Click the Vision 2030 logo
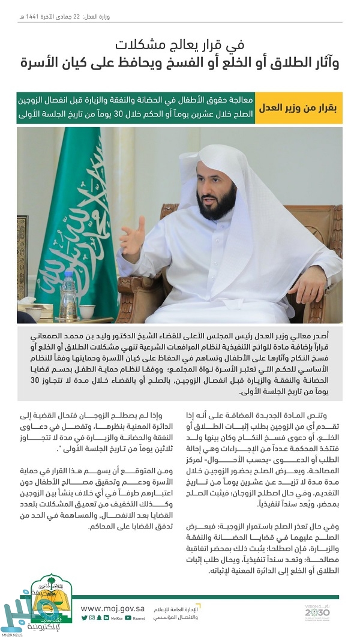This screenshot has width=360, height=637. (x=317, y=611)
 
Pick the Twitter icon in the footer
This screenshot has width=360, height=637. (x=85, y=618)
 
